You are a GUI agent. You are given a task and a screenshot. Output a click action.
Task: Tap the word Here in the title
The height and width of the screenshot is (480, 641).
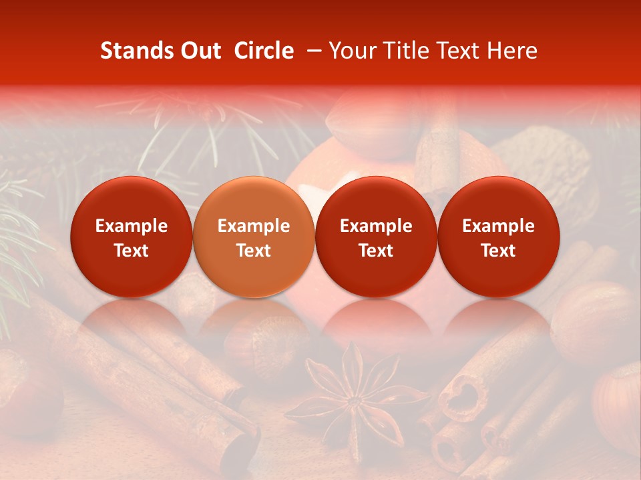(x=513, y=51)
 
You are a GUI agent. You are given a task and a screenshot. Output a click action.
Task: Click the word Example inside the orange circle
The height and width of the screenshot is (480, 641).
(x=254, y=226)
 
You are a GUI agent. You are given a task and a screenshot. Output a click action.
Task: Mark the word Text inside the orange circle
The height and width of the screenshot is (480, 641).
(x=254, y=251)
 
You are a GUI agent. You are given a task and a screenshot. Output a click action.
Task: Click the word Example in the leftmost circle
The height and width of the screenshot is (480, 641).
(x=132, y=226)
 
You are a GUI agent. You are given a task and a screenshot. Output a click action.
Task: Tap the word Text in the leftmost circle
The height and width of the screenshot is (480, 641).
(x=132, y=251)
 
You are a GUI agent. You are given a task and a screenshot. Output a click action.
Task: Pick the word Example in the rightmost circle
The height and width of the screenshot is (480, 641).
(x=498, y=226)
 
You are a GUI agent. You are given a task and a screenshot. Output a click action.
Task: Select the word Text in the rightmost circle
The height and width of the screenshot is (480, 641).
(x=498, y=251)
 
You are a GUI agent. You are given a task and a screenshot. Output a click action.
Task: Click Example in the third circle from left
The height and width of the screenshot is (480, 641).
(x=376, y=226)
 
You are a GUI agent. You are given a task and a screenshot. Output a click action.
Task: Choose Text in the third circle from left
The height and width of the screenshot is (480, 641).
(x=376, y=251)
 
